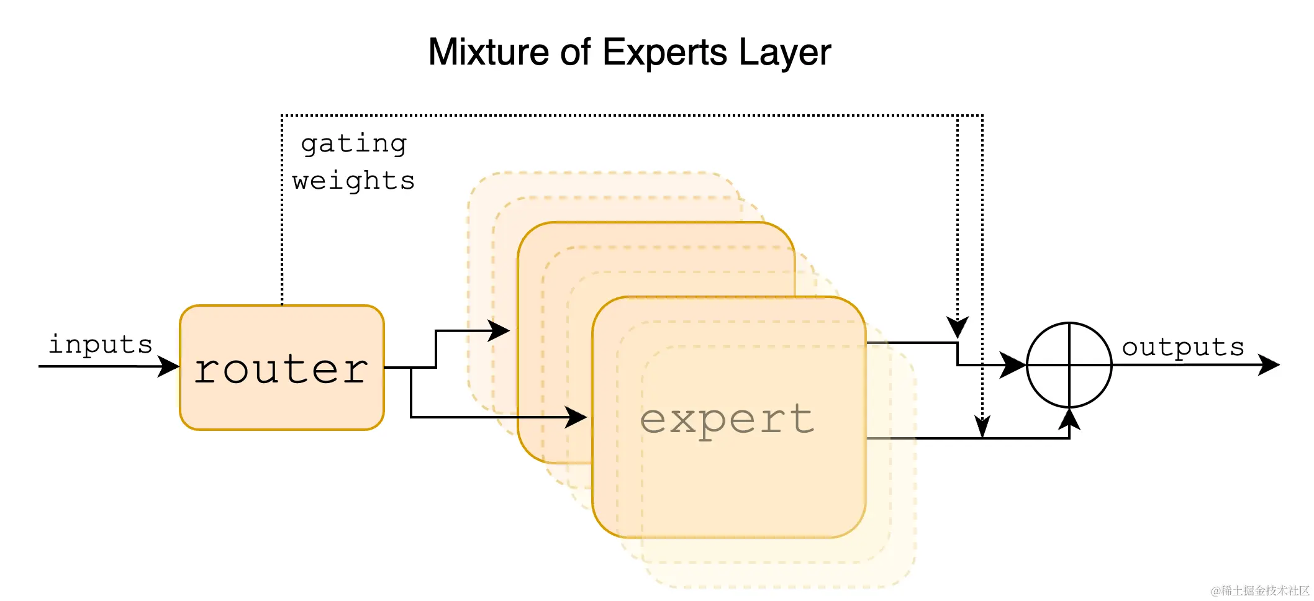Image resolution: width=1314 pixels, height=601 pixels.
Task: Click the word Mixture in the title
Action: [x=487, y=52]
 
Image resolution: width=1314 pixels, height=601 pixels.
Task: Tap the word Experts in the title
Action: [x=664, y=53]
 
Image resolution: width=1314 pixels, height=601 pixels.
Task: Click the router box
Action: [x=281, y=368]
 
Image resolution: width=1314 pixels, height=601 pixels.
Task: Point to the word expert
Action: [x=727, y=420]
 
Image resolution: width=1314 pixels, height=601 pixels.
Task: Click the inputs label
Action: [x=100, y=345]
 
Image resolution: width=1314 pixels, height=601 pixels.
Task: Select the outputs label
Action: [x=1182, y=347]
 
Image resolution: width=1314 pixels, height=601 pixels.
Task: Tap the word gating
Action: [x=353, y=145]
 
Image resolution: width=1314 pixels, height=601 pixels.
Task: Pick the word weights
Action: [x=353, y=181]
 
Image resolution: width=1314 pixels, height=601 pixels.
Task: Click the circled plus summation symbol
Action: [x=1069, y=365]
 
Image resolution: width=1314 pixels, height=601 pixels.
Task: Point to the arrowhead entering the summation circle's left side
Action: [x=1013, y=365]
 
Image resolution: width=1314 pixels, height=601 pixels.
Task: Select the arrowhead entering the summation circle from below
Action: [x=1069, y=419]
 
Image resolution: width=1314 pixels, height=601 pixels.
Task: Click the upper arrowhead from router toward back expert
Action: [x=499, y=330]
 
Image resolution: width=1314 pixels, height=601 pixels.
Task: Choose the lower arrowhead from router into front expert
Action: [x=576, y=417]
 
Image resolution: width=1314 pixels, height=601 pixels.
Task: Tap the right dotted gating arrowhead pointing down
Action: [x=982, y=427]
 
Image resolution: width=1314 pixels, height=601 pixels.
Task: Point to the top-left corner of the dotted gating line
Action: [x=282, y=115]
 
